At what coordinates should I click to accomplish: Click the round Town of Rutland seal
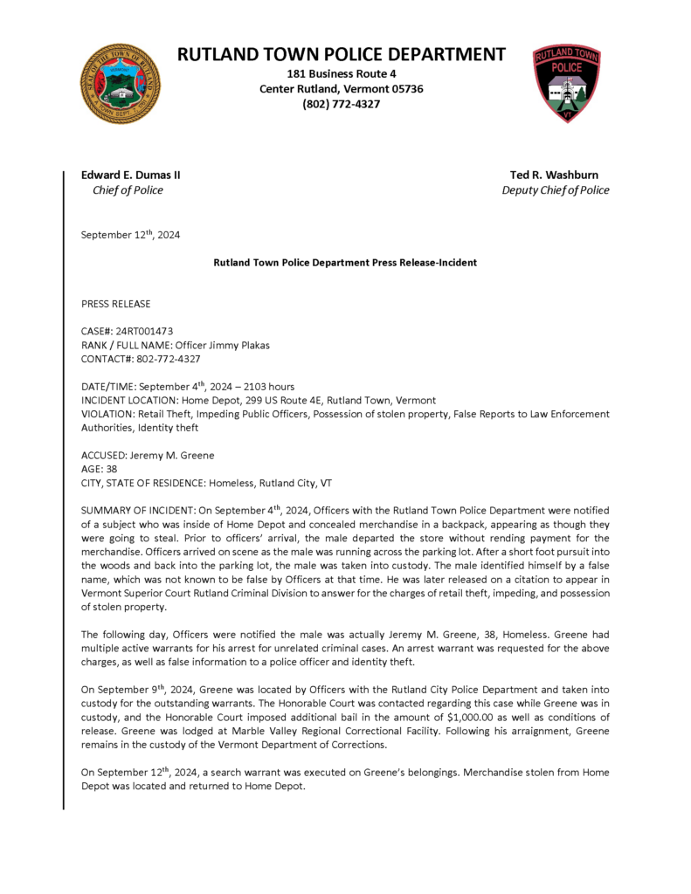click(x=121, y=84)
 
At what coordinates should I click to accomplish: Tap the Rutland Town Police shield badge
click(x=567, y=84)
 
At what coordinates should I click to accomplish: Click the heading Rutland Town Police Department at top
click(x=342, y=54)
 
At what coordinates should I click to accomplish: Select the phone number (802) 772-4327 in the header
click(x=342, y=104)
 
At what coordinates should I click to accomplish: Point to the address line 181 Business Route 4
click(x=342, y=74)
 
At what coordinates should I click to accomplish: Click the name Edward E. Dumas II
click(x=131, y=175)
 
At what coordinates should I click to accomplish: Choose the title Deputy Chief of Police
click(x=556, y=190)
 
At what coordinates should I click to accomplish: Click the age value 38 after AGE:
click(x=111, y=469)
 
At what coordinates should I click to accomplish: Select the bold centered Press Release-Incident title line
click(x=345, y=263)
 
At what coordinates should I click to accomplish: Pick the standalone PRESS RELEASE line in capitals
click(x=115, y=304)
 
